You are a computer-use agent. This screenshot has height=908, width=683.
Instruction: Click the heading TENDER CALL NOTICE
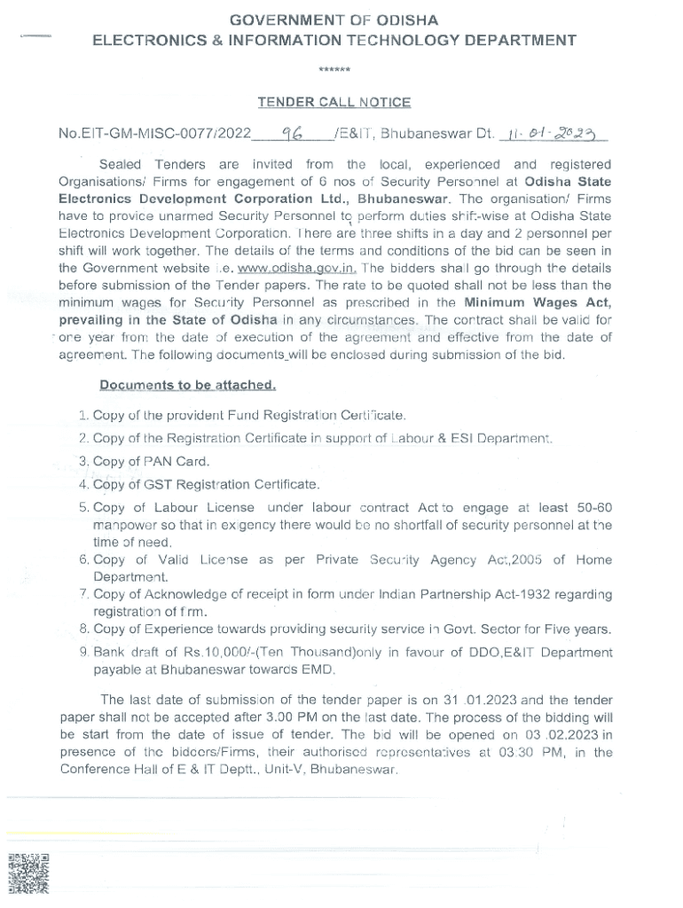[x=334, y=102]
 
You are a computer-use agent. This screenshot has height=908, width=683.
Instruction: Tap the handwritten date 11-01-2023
[x=553, y=133]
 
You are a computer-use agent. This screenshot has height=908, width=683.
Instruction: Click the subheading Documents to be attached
[x=187, y=385]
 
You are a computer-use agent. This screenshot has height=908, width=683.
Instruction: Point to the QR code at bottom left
[x=28, y=873]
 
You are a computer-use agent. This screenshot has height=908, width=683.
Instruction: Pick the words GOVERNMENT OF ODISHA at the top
[x=334, y=20]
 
